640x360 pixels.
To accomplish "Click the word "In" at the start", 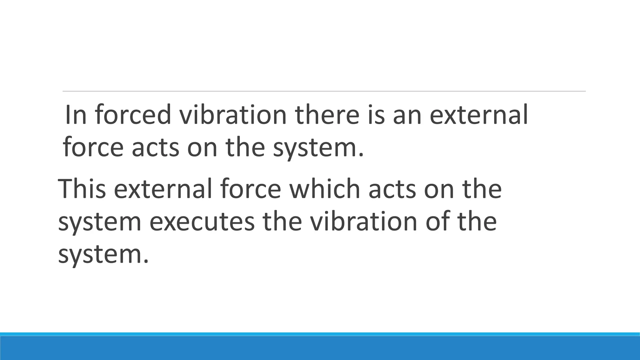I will (75, 115).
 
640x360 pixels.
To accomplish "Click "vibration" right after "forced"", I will (232, 115).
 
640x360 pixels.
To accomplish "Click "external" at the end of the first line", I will (479, 115).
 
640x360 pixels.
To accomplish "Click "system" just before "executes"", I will (100, 223).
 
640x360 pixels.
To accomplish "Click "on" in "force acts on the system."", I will (202, 147).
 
